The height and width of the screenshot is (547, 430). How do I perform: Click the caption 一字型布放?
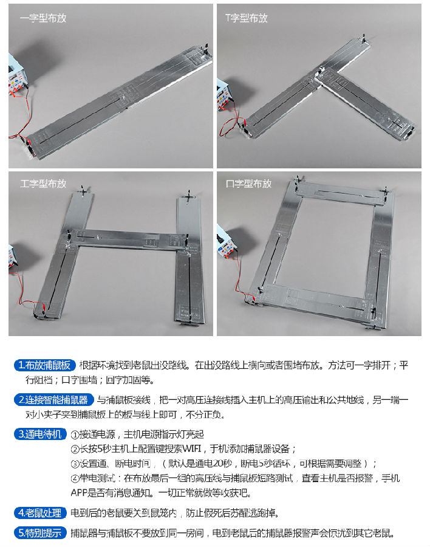(x=43, y=18)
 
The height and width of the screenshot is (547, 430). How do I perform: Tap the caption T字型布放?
(x=247, y=18)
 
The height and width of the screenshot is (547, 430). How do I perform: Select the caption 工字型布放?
(x=43, y=184)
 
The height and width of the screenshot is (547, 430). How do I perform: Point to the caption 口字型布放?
(x=248, y=184)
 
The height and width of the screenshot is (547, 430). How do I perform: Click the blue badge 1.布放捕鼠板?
(x=44, y=365)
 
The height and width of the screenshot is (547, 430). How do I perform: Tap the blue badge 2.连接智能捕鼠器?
(x=53, y=399)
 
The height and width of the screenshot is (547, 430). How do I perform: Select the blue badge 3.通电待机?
(x=40, y=434)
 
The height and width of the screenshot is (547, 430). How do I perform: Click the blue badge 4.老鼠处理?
(x=40, y=512)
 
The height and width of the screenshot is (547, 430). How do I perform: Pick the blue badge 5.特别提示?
(x=40, y=532)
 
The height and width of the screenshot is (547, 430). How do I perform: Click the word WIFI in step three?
(x=192, y=449)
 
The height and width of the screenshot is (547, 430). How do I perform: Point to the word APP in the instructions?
(x=78, y=492)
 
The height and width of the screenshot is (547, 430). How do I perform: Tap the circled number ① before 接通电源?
(x=75, y=435)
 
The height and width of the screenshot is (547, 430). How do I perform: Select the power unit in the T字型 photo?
(x=224, y=95)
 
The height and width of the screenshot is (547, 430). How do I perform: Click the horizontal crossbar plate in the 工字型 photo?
(x=128, y=239)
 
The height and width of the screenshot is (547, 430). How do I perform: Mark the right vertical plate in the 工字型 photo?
(x=189, y=260)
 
